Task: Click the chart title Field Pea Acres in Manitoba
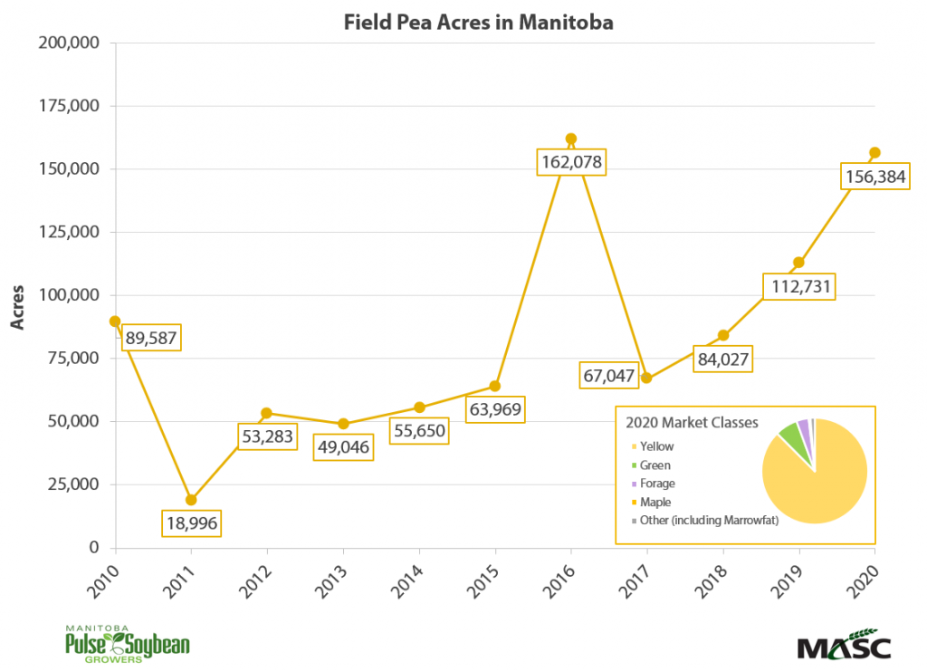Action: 478,23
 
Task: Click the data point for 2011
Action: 191,500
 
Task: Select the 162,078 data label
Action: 570,163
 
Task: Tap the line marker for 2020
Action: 874,152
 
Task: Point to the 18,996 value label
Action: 191,522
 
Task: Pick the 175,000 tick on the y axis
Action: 70,106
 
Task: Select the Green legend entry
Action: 654,465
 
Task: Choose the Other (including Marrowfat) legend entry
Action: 707,520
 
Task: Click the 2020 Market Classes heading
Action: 692,423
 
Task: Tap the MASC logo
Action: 844,647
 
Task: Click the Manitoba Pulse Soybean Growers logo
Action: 127,644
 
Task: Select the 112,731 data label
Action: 798,286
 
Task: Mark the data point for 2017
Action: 646,378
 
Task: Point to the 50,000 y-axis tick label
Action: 73,421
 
